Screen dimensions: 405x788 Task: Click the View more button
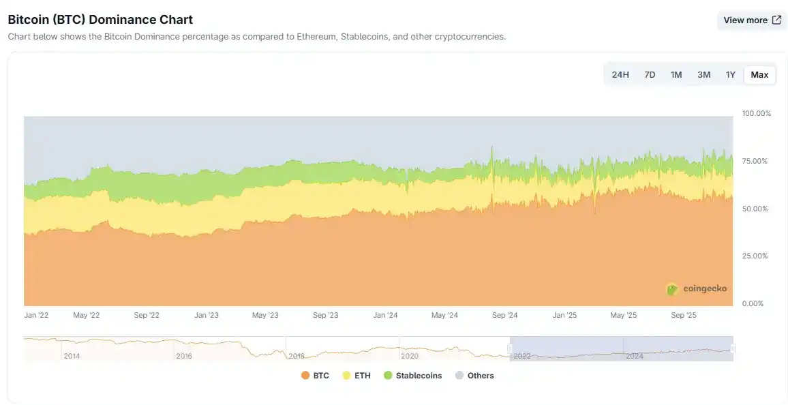point(752,20)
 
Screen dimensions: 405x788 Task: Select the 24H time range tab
point(620,74)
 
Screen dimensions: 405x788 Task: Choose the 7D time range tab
point(650,74)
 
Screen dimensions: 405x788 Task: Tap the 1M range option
point(676,74)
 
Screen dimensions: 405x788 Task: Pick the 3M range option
point(703,74)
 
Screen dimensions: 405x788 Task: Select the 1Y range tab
point(730,74)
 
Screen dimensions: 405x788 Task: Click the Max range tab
point(759,74)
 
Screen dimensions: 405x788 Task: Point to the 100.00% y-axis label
point(756,113)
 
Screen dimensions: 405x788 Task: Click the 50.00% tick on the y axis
point(756,209)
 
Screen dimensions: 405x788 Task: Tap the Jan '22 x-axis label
point(37,316)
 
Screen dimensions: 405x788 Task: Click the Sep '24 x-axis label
point(504,316)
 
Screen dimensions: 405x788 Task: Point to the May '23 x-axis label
point(265,316)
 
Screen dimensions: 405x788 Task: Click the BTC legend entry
point(315,376)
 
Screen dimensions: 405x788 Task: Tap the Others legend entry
point(474,376)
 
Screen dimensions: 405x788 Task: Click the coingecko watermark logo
point(696,288)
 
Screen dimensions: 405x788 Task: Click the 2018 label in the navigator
point(297,356)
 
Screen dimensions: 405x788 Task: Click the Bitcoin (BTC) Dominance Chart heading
point(100,20)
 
